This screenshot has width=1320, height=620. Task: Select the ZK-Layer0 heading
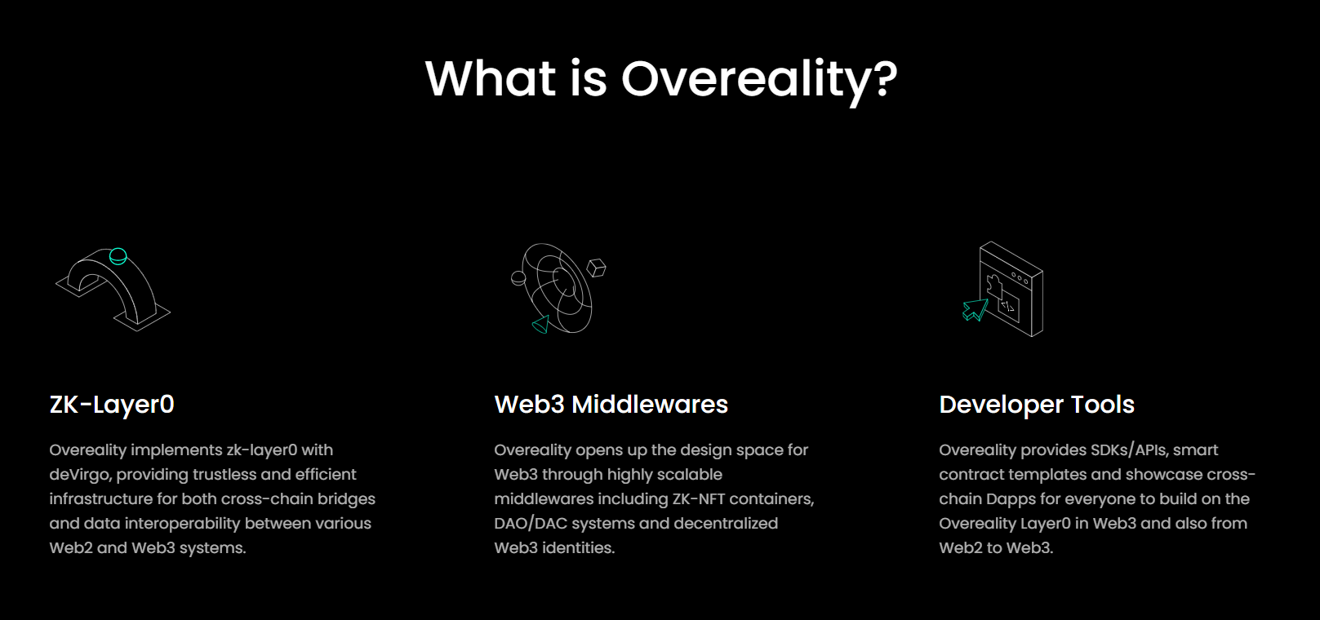(112, 405)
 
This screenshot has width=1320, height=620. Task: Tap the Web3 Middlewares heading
(611, 405)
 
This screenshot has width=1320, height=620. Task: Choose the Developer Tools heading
(1037, 405)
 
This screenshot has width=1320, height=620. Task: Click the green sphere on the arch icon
(118, 256)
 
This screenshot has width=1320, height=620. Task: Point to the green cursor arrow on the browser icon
(975, 310)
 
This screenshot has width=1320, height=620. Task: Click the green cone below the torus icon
(540, 325)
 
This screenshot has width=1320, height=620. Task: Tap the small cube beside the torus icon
(597, 268)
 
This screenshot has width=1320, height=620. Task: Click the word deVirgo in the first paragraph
(79, 475)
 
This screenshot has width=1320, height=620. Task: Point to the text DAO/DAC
(531, 524)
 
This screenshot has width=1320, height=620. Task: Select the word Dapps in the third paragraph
(1011, 499)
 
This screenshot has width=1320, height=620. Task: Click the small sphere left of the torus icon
(518, 278)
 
